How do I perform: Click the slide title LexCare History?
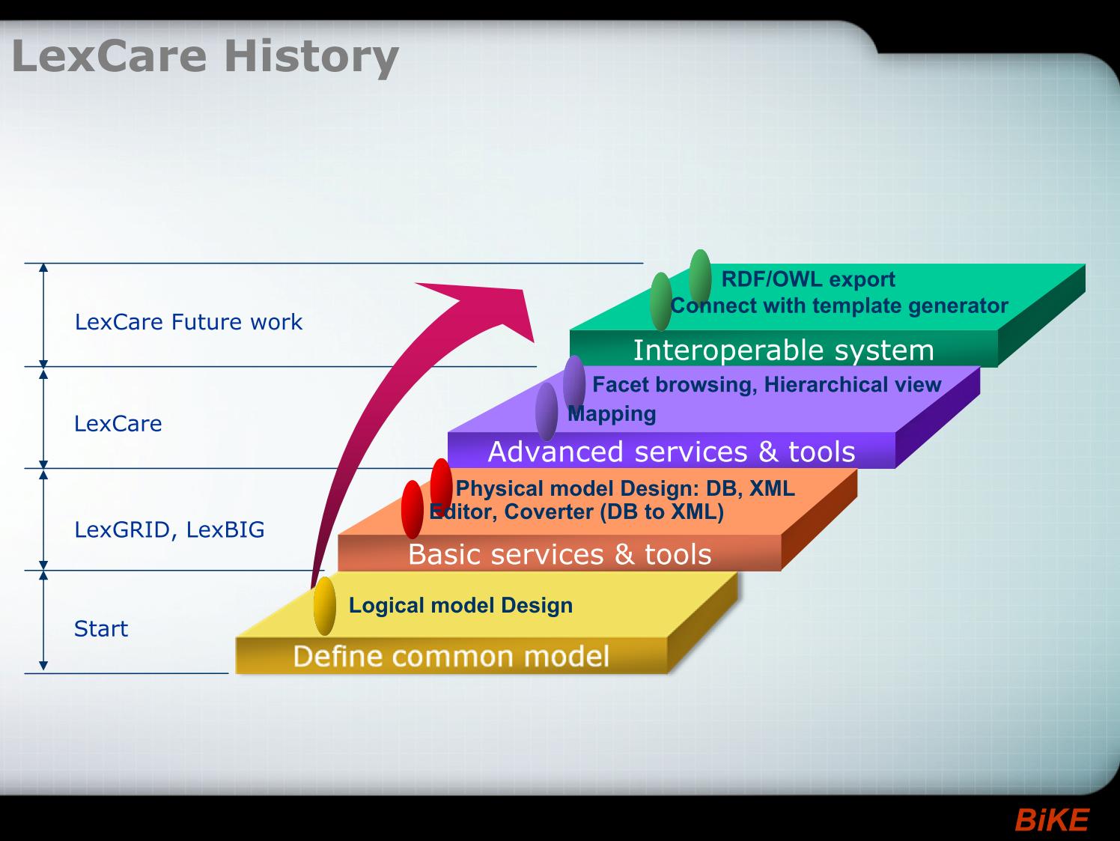click(204, 57)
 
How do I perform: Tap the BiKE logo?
click(1052, 819)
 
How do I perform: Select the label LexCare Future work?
click(188, 322)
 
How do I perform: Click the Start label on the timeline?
click(101, 629)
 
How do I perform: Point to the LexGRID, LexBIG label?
click(169, 529)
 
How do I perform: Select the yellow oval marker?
click(324, 606)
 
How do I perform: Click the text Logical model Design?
click(460, 605)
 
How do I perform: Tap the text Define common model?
click(451, 656)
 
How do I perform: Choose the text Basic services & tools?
click(560, 554)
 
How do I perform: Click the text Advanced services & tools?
click(672, 452)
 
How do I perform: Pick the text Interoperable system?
click(784, 350)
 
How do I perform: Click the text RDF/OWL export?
click(809, 279)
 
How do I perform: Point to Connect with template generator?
click(839, 306)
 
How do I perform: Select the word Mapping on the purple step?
click(612, 413)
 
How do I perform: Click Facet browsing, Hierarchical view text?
click(767, 384)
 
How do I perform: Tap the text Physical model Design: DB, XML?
click(625, 488)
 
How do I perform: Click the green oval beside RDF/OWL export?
click(700, 277)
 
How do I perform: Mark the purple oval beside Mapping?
click(547, 412)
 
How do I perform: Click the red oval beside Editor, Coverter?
click(413, 509)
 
